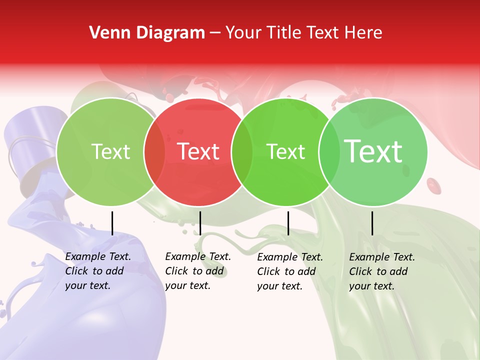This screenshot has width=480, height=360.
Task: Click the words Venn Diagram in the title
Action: tap(147, 33)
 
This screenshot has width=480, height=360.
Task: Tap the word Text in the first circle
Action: tap(111, 151)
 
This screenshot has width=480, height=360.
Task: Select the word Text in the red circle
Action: tap(198, 151)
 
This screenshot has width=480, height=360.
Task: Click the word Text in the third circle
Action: tap(286, 151)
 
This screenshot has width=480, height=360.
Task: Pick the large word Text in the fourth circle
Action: tap(373, 151)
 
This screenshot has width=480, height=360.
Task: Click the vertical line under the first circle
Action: tap(112, 223)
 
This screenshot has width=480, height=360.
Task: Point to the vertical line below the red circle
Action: tap(200, 223)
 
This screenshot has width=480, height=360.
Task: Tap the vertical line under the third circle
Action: tap(288, 223)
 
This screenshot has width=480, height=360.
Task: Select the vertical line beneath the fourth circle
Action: tap(372, 223)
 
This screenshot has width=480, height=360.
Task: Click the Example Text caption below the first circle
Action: tap(98, 256)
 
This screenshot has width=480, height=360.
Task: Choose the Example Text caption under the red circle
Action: tap(198, 256)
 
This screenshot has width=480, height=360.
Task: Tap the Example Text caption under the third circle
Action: tap(290, 257)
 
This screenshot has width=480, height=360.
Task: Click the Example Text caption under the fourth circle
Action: tap(382, 257)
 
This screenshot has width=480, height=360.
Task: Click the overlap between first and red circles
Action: tap(154, 152)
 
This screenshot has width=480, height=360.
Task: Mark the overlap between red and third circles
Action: tap(242, 152)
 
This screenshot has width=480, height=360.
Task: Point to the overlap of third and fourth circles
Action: tap(329, 152)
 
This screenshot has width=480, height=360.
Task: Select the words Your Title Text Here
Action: tap(303, 33)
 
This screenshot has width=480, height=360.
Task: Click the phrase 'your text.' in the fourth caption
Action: tap(371, 286)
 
